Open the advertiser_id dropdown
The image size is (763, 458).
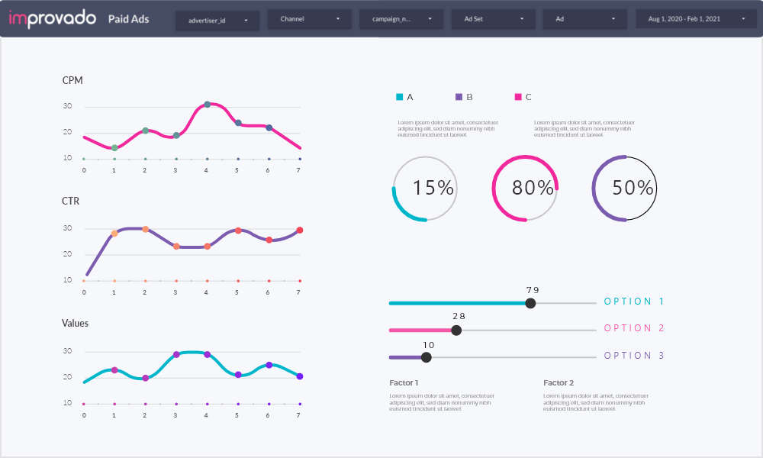[x=217, y=20]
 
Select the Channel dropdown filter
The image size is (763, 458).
[x=309, y=19]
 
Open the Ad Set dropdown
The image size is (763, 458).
[x=493, y=19]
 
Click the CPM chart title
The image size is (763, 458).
[x=72, y=80]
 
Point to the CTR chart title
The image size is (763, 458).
[x=71, y=202]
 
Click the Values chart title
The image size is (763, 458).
[x=75, y=324]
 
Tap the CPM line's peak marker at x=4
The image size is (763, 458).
[x=207, y=105]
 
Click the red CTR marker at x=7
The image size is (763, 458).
[x=299, y=230]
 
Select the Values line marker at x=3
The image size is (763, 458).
[x=176, y=354]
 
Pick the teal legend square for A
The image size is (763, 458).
[x=399, y=97]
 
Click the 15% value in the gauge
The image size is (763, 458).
[x=433, y=188]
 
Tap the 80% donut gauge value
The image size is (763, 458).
[x=533, y=188]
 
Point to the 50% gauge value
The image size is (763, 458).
[x=633, y=188]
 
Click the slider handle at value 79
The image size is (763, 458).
[x=531, y=303]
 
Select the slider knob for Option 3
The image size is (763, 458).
[x=427, y=357]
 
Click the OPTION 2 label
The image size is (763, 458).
[x=633, y=328]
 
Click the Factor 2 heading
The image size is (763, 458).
[x=559, y=382]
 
